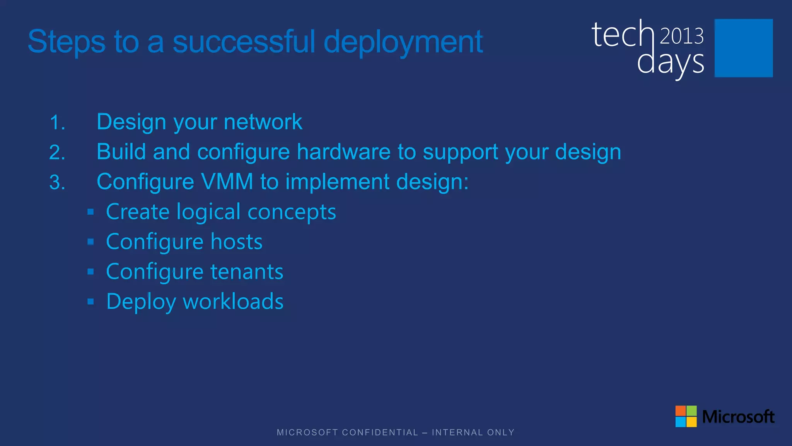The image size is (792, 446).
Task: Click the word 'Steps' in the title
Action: click(67, 42)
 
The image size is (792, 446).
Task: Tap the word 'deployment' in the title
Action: click(403, 42)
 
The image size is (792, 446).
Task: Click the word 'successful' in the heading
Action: click(244, 42)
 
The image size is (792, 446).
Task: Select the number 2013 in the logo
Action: click(682, 36)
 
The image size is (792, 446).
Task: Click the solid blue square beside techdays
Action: click(743, 48)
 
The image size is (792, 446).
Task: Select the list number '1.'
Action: click(57, 123)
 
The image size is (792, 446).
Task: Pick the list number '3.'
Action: click(57, 182)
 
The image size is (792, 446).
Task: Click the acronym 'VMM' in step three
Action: click(227, 182)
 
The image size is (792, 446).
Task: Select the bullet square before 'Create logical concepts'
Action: click(91, 212)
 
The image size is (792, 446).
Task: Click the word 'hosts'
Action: click(236, 242)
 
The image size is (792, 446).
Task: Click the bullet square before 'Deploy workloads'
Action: click(91, 302)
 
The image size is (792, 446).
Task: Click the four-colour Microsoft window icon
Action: click(686, 416)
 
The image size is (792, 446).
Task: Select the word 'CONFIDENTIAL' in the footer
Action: click(380, 432)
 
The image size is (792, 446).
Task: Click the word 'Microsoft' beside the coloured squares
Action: click(738, 417)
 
